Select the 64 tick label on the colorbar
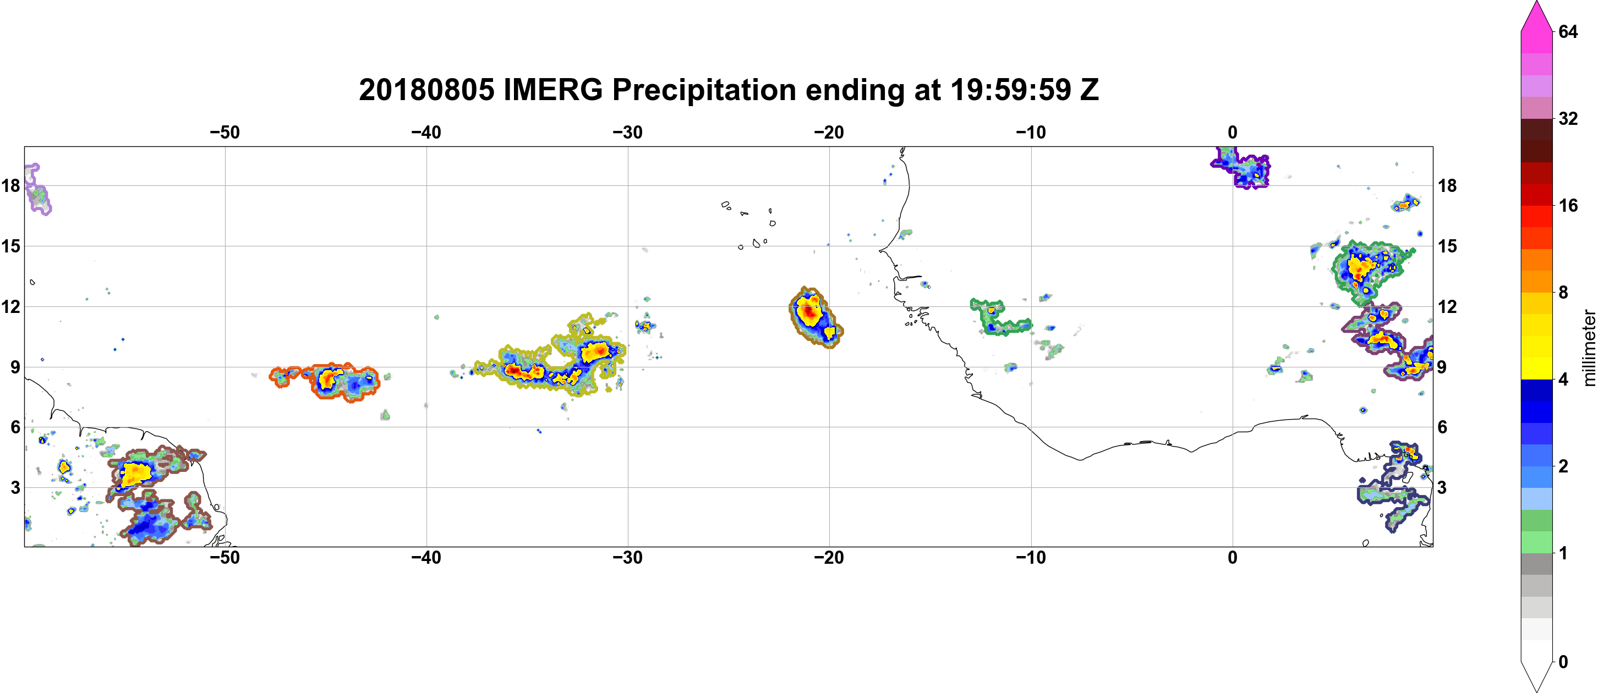(1568, 31)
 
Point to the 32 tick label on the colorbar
(1568, 118)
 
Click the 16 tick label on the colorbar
(1568, 205)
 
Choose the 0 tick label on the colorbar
(1563, 662)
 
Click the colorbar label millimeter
(1589, 348)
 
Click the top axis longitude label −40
(426, 133)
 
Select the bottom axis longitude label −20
(829, 558)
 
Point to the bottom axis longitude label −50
(225, 558)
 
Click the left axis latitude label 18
(10, 185)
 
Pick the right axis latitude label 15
(1447, 246)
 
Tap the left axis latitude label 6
(15, 427)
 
